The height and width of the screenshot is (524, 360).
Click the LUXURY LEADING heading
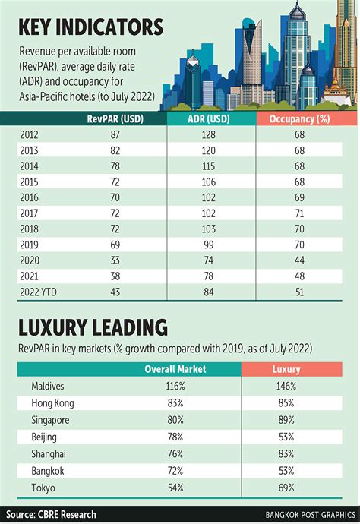click(x=93, y=328)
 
